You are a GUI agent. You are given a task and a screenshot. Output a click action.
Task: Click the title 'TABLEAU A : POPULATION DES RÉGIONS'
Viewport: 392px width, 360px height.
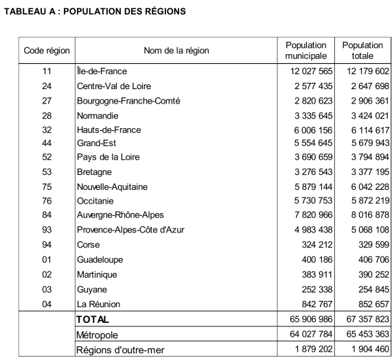point(95,12)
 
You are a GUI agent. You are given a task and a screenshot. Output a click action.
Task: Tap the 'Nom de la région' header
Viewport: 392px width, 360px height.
point(176,50)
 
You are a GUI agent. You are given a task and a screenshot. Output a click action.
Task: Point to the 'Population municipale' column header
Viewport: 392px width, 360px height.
point(306,50)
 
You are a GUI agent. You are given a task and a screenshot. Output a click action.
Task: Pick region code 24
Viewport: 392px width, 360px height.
point(47,86)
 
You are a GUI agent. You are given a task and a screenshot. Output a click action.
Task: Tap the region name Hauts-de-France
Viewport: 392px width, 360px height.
point(108,130)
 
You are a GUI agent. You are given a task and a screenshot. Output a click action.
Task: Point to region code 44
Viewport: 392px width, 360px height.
point(47,144)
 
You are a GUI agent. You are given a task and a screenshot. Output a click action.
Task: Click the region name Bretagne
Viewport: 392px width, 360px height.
point(95,173)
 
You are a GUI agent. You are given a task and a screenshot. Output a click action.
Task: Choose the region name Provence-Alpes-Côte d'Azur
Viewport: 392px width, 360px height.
point(130,230)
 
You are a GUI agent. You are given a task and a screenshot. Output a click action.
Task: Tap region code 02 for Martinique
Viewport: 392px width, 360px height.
point(47,274)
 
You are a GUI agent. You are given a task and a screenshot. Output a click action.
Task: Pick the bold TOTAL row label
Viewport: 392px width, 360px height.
point(93,320)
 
